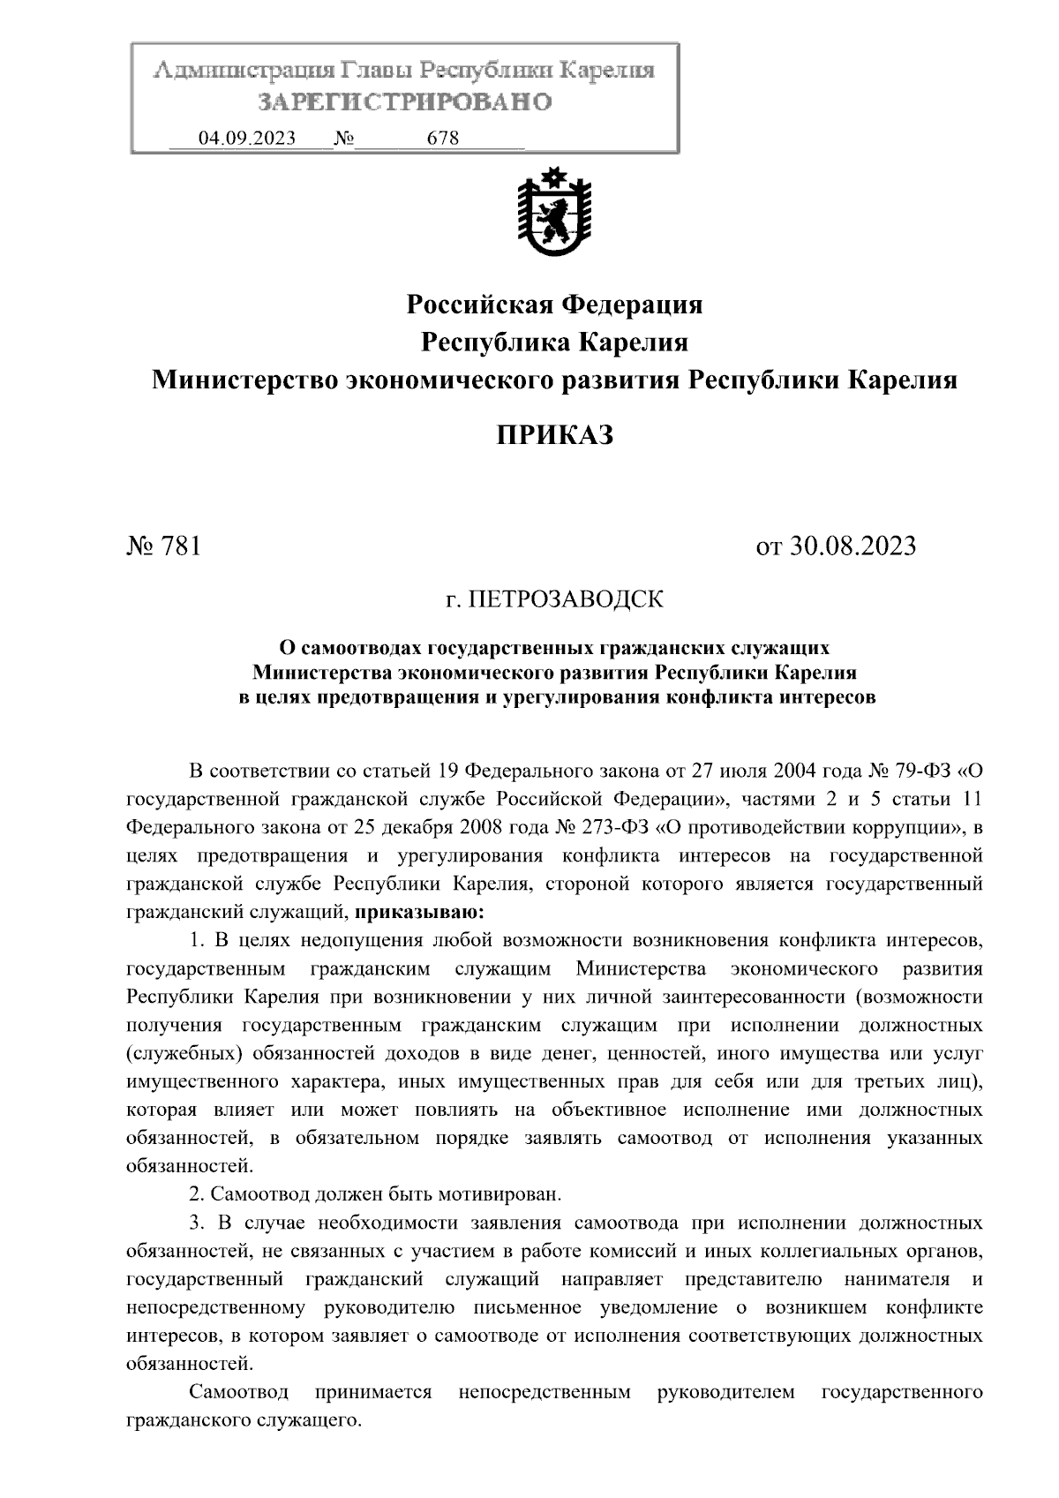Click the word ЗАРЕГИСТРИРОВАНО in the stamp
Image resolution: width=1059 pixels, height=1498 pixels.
tap(404, 102)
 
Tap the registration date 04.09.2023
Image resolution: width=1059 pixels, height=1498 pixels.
tap(247, 139)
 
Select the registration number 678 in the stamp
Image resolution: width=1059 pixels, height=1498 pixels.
tap(442, 139)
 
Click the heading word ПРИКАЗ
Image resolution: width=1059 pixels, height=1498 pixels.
tap(553, 435)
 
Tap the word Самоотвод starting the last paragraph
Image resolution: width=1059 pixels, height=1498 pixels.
tap(239, 1393)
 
